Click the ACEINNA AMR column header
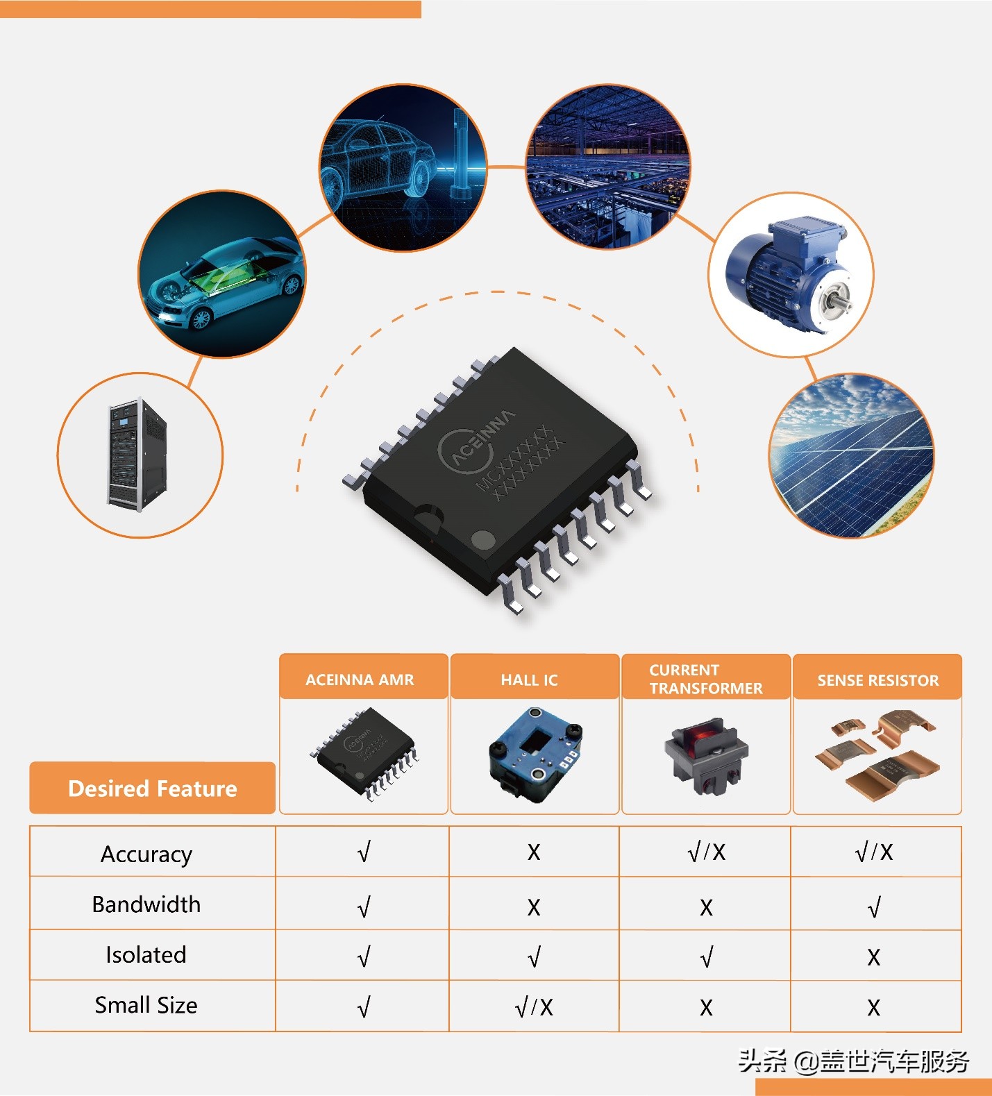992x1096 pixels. (x=360, y=679)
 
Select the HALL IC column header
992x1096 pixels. (x=530, y=680)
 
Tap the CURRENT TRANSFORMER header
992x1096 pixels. (x=705, y=679)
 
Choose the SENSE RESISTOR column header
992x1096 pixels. (x=877, y=680)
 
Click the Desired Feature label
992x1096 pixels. (x=153, y=789)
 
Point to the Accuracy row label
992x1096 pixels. (x=146, y=854)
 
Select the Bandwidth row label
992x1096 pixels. (x=146, y=904)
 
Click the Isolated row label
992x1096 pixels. (x=146, y=955)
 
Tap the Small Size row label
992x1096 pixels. (x=146, y=1005)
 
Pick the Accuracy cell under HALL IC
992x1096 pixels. (x=533, y=852)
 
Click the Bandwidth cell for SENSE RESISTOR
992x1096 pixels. (x=874, y=907)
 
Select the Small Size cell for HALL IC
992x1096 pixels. (x=534, y=1007)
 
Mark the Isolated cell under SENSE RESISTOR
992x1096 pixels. (x=874, y=957)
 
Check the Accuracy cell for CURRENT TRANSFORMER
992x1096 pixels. (x=706, y=852)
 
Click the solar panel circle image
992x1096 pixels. (x=852, y=455)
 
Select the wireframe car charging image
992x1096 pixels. (x=403, y=168)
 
